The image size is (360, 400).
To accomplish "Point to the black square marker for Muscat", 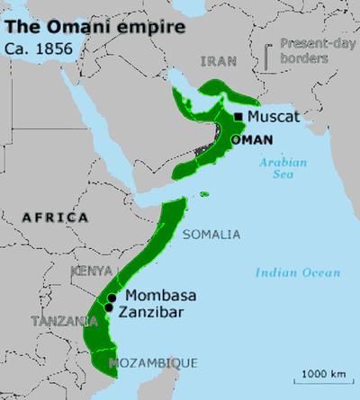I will (238, 117).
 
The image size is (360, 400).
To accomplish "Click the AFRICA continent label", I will (55, 218).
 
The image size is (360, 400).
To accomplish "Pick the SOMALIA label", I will (211, 235).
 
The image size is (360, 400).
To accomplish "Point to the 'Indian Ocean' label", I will (297, 272).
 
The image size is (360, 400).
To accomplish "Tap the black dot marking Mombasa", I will (112, 298).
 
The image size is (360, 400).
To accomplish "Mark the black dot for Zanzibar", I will (109, 308).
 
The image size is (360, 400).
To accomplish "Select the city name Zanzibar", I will (156, 312).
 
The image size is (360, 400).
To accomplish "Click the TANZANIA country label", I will (64, 321).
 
